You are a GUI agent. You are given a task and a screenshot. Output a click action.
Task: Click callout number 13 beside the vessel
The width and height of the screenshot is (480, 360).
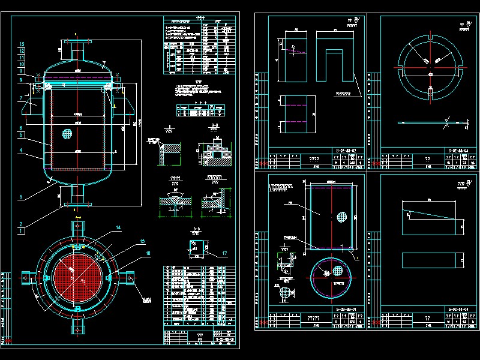[22, 45]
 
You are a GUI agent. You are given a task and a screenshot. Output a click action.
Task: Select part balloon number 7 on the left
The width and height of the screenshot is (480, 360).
[21, 97]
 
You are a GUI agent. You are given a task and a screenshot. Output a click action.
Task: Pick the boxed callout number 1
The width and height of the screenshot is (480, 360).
[22, 229]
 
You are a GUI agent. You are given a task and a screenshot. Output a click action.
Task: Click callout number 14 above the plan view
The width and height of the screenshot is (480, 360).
[119, 228]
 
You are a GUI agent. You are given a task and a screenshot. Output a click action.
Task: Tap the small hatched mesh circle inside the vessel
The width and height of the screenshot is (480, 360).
[68, 133]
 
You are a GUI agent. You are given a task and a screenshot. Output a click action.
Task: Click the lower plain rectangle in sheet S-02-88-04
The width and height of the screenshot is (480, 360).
[431, 260]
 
